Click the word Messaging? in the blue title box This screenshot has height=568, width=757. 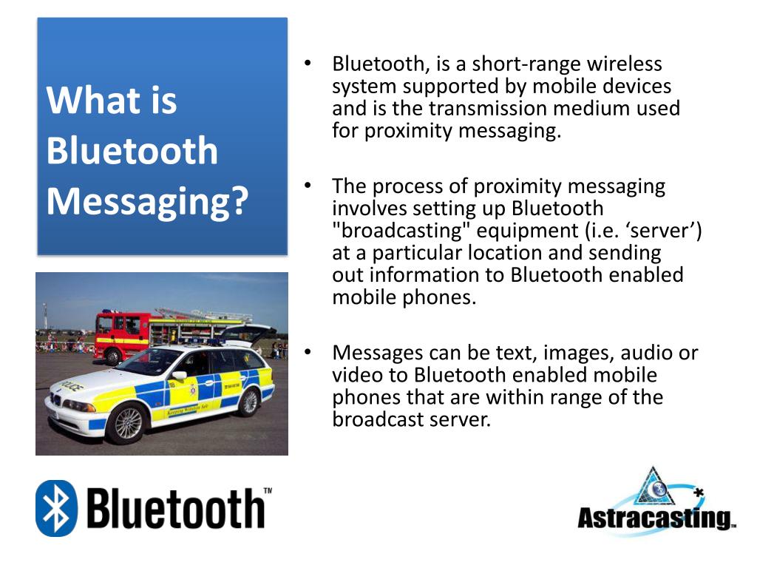click(x=147, y=202)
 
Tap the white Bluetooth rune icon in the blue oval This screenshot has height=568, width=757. click(x=56, y=509)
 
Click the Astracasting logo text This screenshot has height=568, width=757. click(x=656, y=518)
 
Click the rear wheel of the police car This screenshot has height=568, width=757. click(x=249, y=402)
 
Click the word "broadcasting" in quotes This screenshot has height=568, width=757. click(x=401, y=231)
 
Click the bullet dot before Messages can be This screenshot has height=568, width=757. click(x=308, y=353)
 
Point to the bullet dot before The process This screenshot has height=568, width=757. click(x=308, y=186)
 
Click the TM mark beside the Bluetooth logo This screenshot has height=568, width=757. click(x=268, y=491)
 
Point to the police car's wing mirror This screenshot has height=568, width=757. click(x=179, y=375)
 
